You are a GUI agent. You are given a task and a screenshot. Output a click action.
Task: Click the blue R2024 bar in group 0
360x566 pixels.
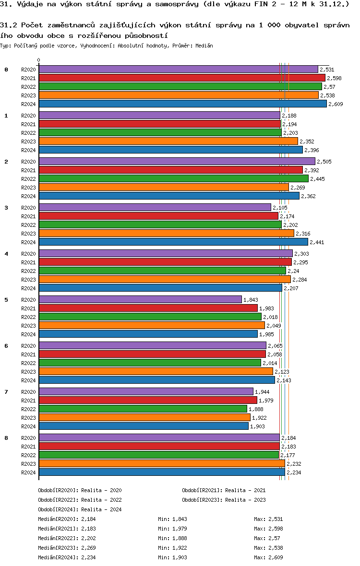pyautogui.click(x=182, y=104)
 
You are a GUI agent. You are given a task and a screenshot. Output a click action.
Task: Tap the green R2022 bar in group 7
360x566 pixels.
pyautogui.click(x=143, y=409)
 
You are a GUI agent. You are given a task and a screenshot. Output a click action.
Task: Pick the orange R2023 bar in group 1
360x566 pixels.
pyautogui.click(x=168, y=141)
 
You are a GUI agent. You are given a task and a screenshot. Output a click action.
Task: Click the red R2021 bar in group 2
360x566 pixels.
pyautogui.click(x=170, y=170)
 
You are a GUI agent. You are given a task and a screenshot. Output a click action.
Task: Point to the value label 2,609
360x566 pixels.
pyautogui.click(x=336, y=104)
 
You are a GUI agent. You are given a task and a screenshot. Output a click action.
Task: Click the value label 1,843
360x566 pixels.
pyautogui.click(x=251, y=300)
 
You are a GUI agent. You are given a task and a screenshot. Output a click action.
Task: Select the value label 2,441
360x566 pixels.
pyautogui.click(x=317, y=242)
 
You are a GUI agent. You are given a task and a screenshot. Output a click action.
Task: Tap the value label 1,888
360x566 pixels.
pyautogui.click(x=256, y=409)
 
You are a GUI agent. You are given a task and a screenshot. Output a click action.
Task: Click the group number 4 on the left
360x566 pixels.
pyautogui.click(x=6, y=254)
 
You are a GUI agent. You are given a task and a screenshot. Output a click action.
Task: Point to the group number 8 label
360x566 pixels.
pyautogui.click(x=6, y=438)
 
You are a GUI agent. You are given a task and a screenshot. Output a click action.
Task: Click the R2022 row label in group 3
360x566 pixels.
pyautogui.click(x=28, y=225)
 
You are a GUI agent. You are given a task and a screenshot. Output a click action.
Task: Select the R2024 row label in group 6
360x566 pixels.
pyautogui.click(x=28, y=380)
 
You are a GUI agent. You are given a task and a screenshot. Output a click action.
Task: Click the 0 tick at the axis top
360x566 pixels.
pyautogui.click(x=38, y=60)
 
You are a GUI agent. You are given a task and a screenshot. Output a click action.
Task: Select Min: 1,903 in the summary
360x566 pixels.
pyautogui.click(x=172, y=557)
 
